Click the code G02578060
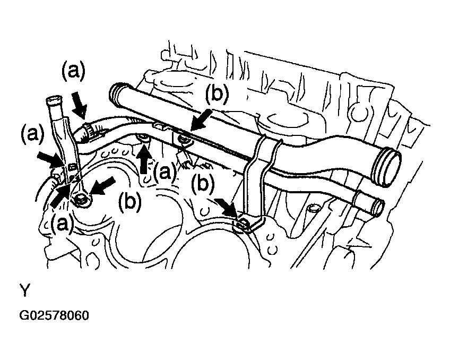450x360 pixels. point(54,315)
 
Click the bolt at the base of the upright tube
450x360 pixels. point(81,200)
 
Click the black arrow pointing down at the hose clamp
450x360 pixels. point(79,105)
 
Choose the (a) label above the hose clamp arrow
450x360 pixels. point(73,71)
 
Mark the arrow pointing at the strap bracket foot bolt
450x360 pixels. point(227,209)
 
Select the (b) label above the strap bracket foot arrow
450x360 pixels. point(203,184)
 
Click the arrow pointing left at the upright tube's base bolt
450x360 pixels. point(102,186)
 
